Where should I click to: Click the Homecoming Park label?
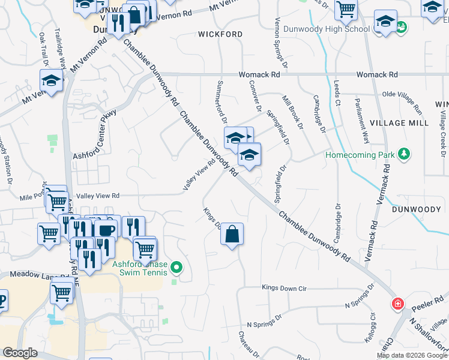(x=360, y=155)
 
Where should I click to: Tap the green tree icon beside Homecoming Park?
(x=405, y=154)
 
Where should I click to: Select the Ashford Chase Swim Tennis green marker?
(x=176, y=267)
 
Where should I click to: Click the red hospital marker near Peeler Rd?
(x=397, y=304)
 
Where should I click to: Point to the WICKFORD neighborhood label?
(x=220, y=34)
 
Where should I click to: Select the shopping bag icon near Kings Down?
(x=232, y=233)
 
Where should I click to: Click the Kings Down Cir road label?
(x=284, y=289)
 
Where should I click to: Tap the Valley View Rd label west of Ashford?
(x=98, y=196)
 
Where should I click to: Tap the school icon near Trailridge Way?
(x=52, y=81)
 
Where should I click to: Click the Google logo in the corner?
(x=20, y=353)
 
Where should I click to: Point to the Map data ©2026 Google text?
(x=412, y=355)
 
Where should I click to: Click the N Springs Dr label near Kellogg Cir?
(x=360, y=304)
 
